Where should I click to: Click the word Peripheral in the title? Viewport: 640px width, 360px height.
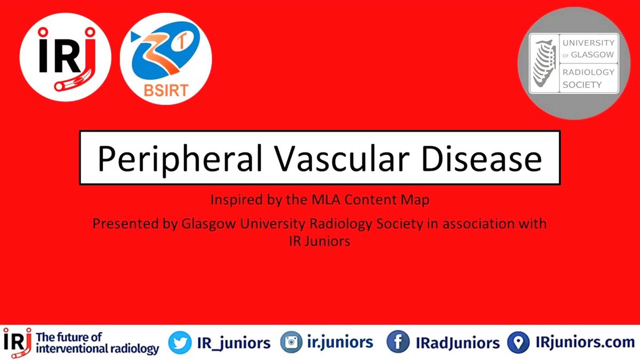180,159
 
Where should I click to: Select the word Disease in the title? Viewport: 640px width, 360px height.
482,158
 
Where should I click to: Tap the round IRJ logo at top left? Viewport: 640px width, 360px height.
66,57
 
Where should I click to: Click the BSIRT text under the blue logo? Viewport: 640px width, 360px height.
166,91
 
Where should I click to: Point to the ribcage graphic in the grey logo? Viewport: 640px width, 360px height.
545,63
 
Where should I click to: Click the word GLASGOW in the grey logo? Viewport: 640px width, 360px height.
593,54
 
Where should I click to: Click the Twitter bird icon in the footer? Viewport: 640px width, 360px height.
180,342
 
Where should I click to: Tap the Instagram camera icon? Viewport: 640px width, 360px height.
291,342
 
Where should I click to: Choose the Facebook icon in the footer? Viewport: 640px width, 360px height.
398,342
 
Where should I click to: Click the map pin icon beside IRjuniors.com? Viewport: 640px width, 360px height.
518,342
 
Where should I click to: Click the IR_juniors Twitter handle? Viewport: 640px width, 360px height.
234,343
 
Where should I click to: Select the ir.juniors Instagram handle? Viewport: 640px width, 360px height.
340,342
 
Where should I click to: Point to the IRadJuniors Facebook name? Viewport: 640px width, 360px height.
458,343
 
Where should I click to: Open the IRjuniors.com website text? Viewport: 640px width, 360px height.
585,342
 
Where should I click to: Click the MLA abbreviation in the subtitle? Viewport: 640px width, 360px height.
326,199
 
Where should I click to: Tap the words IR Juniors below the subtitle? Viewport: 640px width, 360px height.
319,241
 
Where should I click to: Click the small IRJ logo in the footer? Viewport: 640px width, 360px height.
18,342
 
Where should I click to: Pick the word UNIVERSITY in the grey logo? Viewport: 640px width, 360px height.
588,43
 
